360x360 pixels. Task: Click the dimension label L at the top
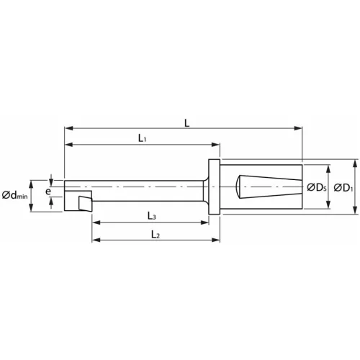tap(186, 122)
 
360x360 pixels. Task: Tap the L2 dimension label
tap(156, 234)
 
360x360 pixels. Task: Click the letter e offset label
tap(48, 192)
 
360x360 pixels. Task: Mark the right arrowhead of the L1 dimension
tap(215, 145)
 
